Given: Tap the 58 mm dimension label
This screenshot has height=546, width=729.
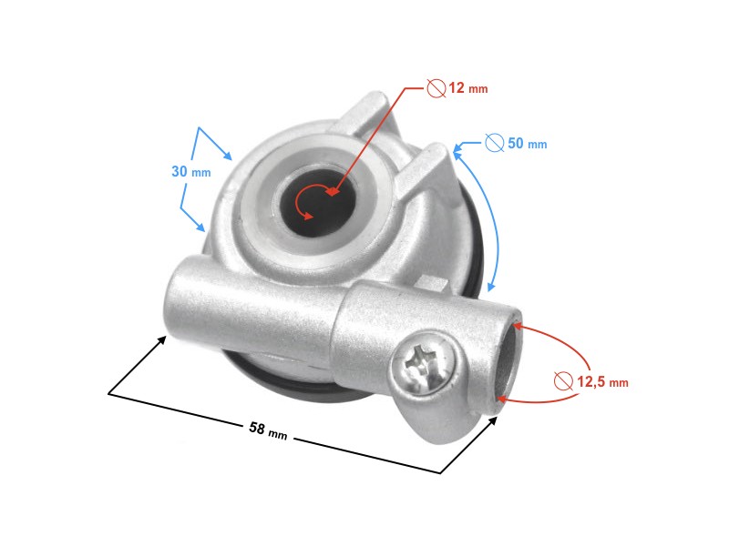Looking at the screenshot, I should [x=267, y=429].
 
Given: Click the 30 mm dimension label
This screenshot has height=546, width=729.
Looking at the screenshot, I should [x=190, y=171].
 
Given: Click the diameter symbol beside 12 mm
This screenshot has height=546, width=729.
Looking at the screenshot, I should [x=436, y=87].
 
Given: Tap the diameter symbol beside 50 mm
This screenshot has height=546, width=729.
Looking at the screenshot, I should [x=494, y=143].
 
